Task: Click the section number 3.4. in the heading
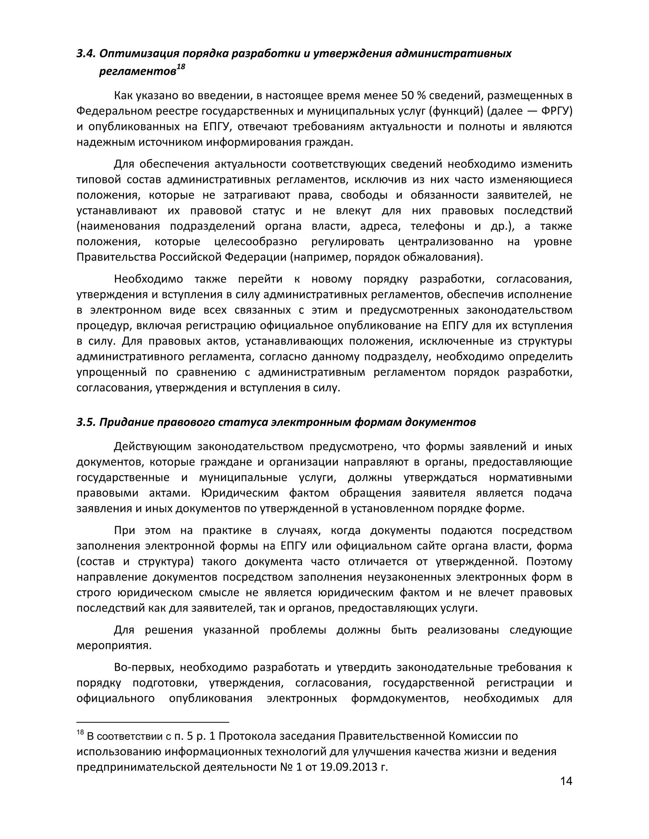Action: click(86, 54)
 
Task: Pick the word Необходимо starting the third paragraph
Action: click(148, 279)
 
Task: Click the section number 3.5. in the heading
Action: click(86, 422)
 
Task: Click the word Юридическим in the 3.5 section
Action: click(239, 493)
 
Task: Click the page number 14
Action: click(566, 781)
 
